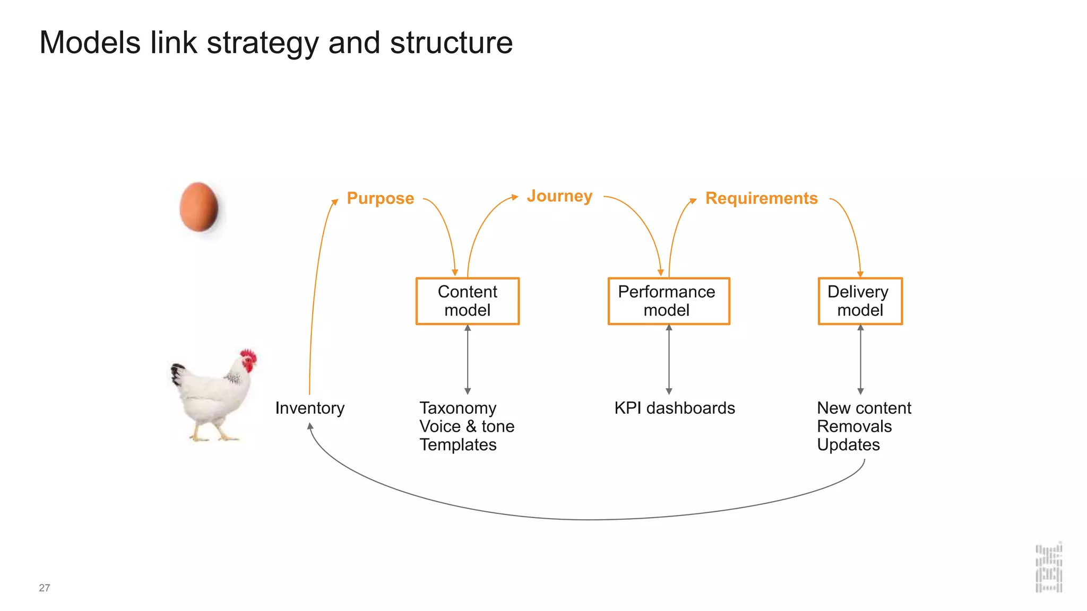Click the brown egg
pyautogui.click(x=199, y=207)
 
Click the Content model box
pyautogui.click(x=467, y=301)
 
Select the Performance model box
pyautogui.click(x=668, y=301)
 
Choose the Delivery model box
pyautogui.click(x=860, y=301)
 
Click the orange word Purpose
pyautogui.click(x=380, y=198)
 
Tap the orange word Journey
pyautogui.click(x=559, y=196)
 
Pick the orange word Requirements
pyautogui.click(x=761, y=198)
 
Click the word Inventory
pyautogui.click(x=309, y=408)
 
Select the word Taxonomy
pyautogui.click(x=458, y=408)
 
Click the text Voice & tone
pyautogui.click(x=467, y=426)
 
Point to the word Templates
pyautogui.click(x=458, y=444)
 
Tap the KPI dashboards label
pyautogui.click(x=674, y=408)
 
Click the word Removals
pyautogui.click(x=854, y=426)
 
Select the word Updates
pyautogui.click(x=848, y=444)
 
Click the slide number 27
pyautogui.click(x=45, y=588)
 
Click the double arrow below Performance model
pyautogui.click(x=669, y=360)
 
